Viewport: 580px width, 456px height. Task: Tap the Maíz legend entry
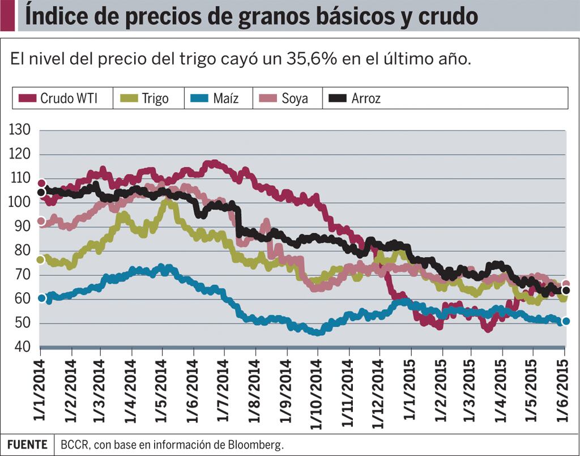[x=217, y=98]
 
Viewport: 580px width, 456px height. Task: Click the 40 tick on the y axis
[x=22, y=347]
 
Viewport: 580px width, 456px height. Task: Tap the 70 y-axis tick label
[x=22, y=275]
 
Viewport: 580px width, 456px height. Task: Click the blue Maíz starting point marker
[x=41, y=298]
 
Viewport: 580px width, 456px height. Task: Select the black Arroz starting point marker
[x=41, y=192]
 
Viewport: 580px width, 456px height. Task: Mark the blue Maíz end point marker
[x=565, y=321]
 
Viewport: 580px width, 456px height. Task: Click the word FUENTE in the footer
[x=27, y=445]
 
